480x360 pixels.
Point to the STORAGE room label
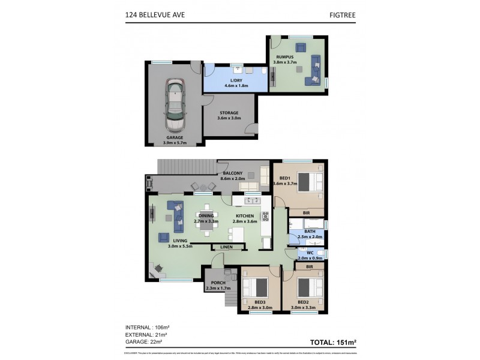click(229, 115)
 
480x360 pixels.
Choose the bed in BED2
click(310, 286)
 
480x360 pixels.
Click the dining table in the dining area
click(206, 226)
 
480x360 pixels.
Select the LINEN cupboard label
click(227, 247)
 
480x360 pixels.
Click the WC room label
click(311, 255)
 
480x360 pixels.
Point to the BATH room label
click(310, 233)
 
